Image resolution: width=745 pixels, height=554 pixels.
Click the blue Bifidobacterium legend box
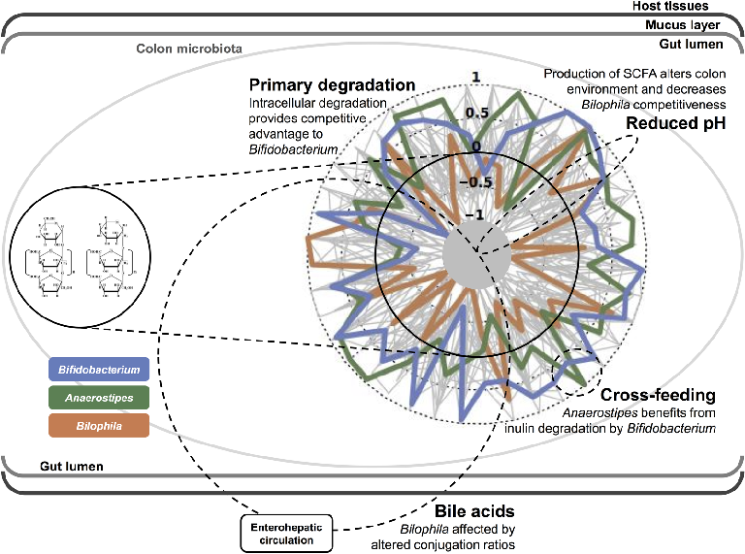(98, 369)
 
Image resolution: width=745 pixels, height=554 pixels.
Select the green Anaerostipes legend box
(98, 397)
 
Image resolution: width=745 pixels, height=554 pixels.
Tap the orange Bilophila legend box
(98, 425)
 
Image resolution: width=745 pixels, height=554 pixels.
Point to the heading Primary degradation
(333, 84)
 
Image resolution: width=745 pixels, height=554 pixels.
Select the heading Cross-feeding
(658, 395)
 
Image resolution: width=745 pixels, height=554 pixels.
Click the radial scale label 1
(476, 77)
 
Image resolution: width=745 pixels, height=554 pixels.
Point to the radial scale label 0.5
(476, 113)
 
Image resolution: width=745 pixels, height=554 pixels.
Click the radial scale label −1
(474, 215)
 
